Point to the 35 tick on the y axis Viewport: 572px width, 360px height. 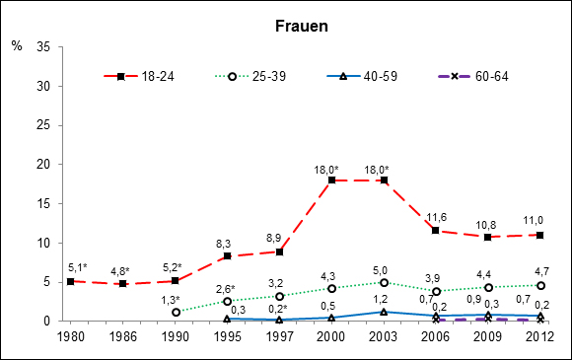pos(46,47)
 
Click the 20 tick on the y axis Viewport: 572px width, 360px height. pos(46,165)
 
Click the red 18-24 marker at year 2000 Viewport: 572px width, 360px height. pos(332,180)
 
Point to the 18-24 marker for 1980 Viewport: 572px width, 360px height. pos(70,281)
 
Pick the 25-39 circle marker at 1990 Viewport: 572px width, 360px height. pos(176,312)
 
